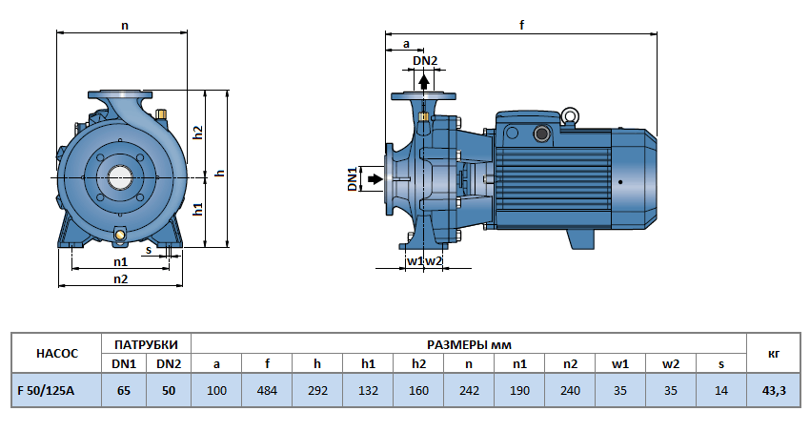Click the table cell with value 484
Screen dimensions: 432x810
268,390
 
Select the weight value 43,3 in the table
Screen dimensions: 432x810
774,390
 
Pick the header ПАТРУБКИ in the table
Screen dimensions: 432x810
146,343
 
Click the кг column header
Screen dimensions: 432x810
774,353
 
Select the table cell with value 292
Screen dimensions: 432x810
317,390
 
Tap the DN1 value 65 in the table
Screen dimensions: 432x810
124,390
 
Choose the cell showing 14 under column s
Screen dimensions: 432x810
721,390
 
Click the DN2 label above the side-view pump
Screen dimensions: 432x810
425,61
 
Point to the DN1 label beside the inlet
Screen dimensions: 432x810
353,178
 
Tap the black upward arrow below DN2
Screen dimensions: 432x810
424,81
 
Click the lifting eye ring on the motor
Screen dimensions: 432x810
570,117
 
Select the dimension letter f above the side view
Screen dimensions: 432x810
522,26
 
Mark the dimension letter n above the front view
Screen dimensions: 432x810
124,26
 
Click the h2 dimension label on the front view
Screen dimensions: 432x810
198,132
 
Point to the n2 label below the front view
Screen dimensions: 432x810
120,278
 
